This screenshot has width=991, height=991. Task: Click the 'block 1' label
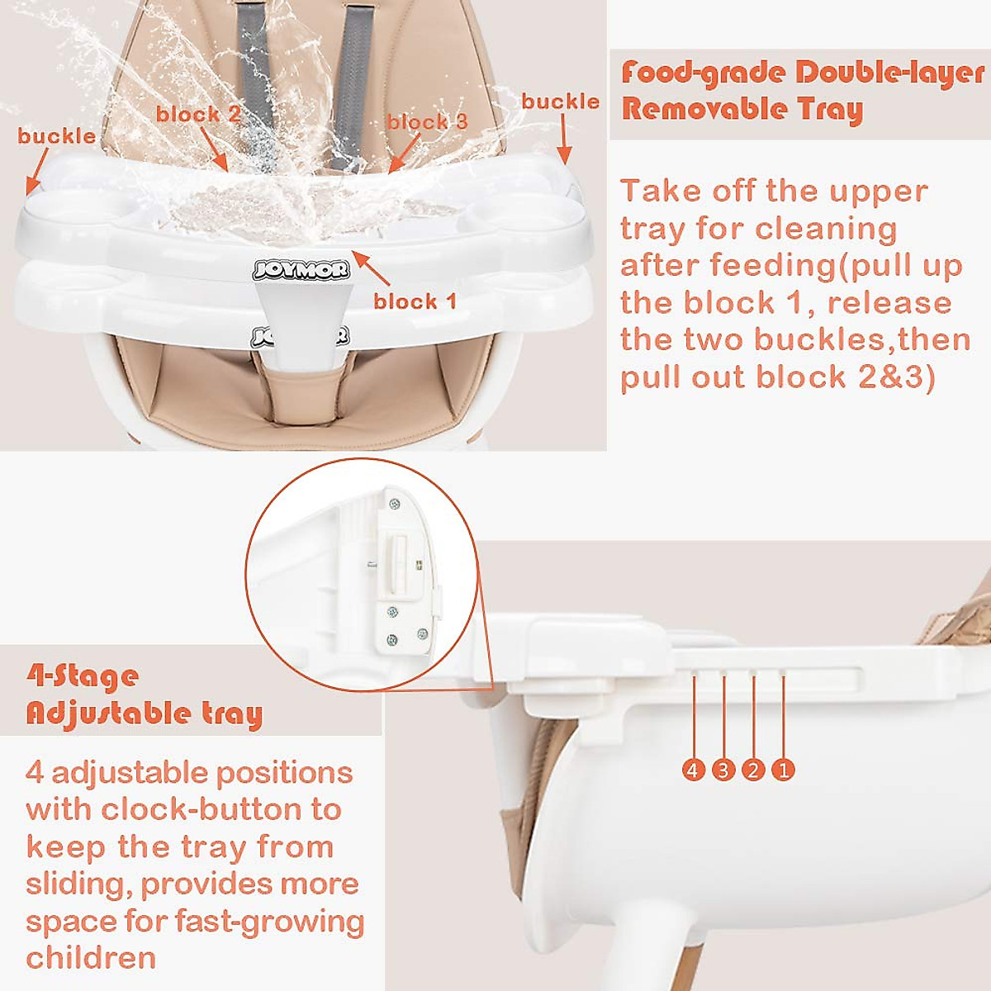click(x=415, y=301)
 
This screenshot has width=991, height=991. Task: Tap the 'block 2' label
click(x=198, y=114)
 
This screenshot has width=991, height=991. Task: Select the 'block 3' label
click(x=427, y=122)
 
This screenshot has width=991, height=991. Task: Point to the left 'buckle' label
click(x=56, y=136)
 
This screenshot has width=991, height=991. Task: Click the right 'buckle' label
click(x=560, y=102)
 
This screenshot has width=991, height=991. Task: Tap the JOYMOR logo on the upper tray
click(x=301, y=269)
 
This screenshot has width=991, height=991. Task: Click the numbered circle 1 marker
click(x=783, y=771)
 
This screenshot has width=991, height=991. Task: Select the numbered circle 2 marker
click(x=753, y=771)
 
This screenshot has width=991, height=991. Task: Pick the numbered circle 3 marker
click(x=723, y=771)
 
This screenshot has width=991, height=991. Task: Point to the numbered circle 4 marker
click(x=694, y=771)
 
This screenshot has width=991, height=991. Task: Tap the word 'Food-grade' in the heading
click(x=703, y=73)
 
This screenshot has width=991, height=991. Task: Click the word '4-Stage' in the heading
click(x=83, y=677)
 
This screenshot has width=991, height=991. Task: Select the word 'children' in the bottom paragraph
click(x=91, y=958)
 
